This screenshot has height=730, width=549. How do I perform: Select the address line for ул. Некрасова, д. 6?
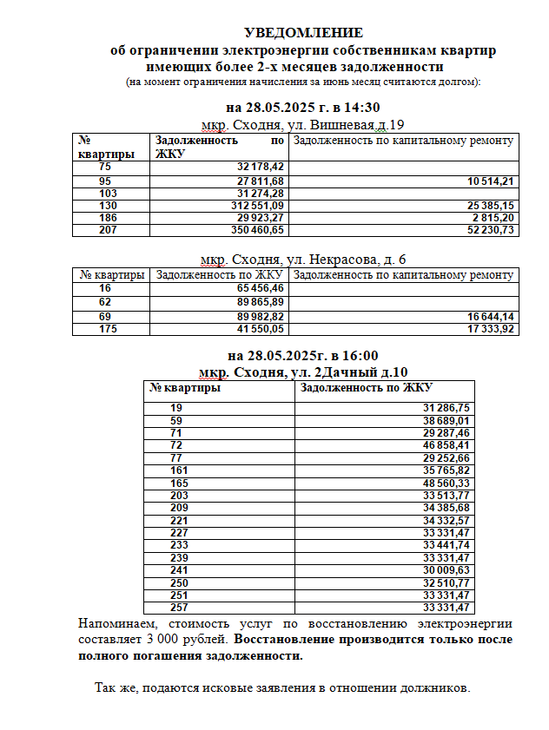302,259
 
